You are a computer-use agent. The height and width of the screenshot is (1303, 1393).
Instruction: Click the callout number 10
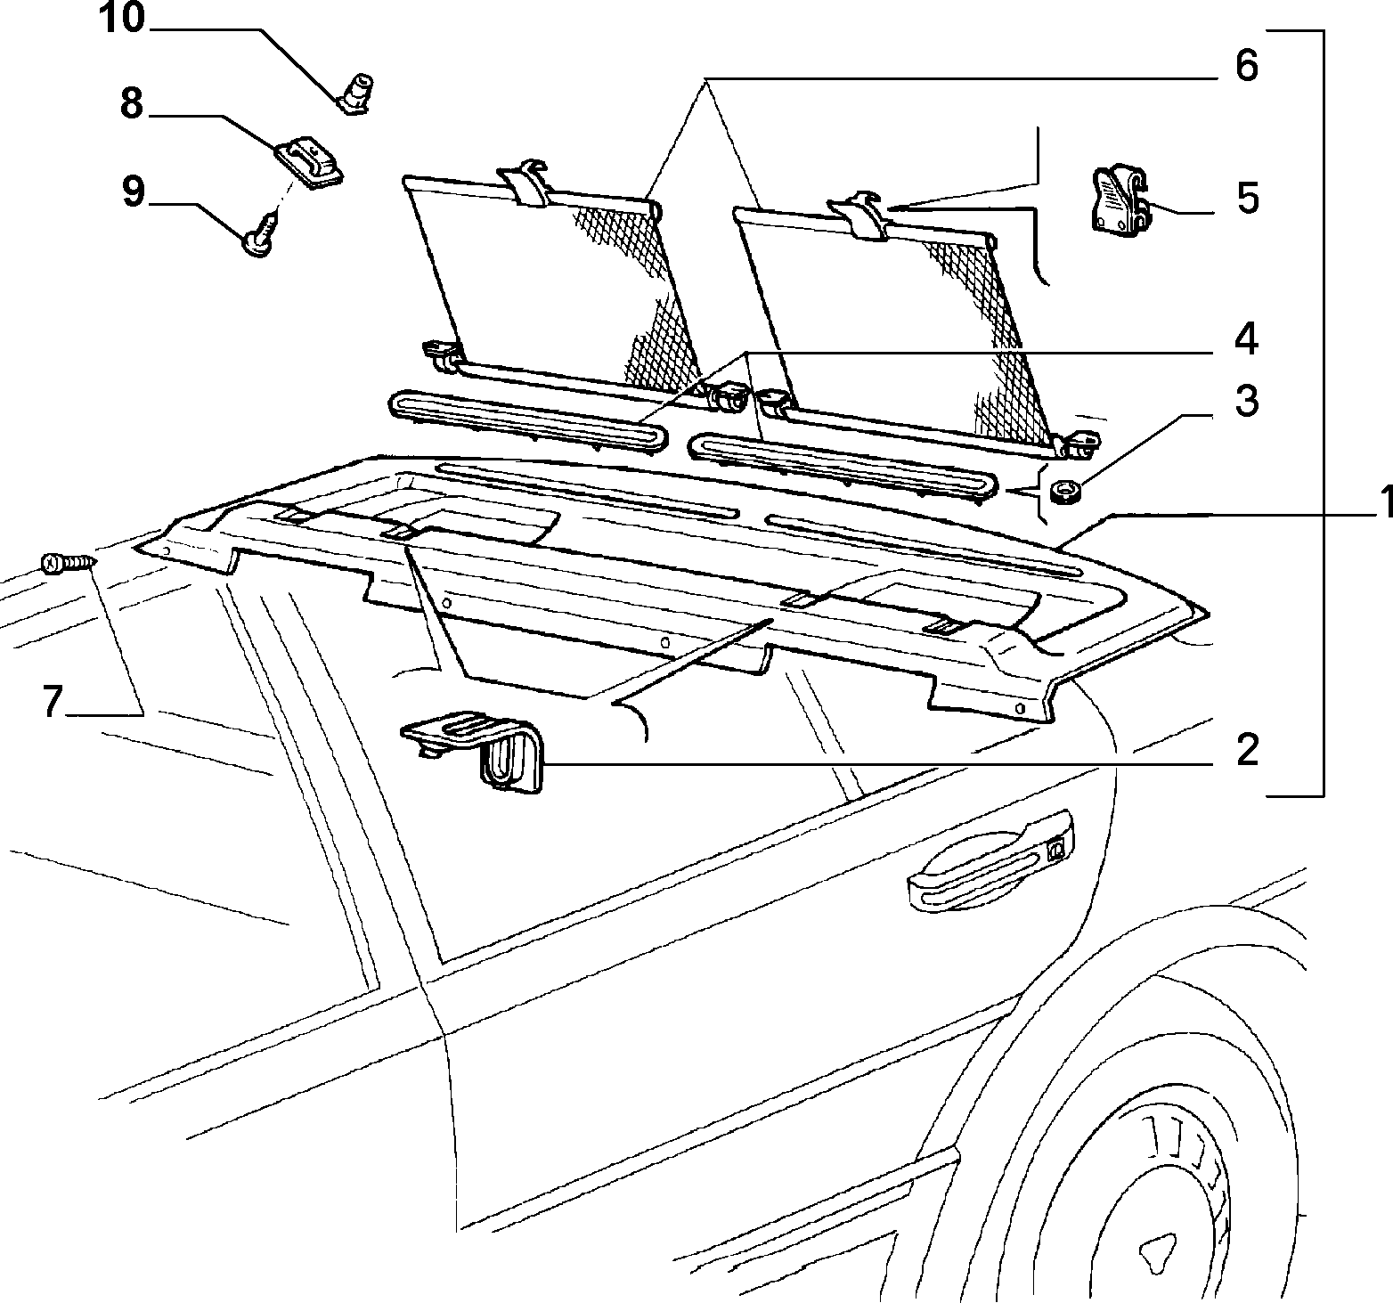click(x=121, y=19)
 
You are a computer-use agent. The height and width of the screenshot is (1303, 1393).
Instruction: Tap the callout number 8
click(x=132, y=104)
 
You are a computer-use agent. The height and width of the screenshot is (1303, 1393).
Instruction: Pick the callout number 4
click(x=1245, y=338)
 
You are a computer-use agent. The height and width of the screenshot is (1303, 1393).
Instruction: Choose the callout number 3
click(x=1246, y=401)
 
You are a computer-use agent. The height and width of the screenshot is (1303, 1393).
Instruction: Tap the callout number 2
click(x=1247, y=750)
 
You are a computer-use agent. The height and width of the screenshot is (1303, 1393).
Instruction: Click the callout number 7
click(x=53, y=702)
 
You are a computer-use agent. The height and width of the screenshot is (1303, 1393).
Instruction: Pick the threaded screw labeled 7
click(x=68, y=563)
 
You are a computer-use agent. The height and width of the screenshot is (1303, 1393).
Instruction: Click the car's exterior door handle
click(x=990, y=861)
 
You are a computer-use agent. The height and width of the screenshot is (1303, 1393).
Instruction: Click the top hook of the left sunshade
click(x=527, y=183)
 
